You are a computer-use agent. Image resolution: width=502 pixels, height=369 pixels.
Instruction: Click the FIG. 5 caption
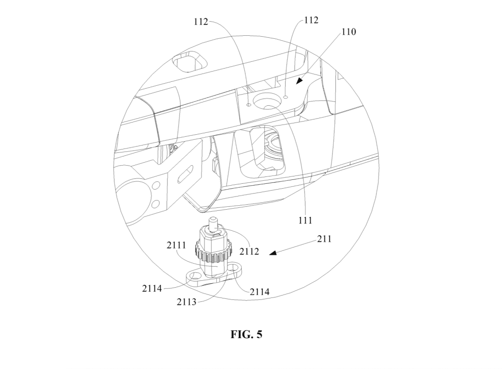coord(246,334)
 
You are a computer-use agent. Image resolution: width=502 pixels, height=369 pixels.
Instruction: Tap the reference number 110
coord(349,32)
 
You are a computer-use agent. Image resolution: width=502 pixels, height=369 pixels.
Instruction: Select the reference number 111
coord(305,220)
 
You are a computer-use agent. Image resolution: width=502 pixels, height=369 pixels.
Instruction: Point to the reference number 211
coord(325,239)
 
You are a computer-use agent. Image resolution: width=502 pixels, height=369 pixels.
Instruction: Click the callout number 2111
coord(176,245)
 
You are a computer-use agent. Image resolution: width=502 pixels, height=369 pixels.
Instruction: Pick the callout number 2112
coord(249,251)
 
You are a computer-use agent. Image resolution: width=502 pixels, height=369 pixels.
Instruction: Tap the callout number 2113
coord(186,302)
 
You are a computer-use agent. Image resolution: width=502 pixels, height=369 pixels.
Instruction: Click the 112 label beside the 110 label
coord(311,20)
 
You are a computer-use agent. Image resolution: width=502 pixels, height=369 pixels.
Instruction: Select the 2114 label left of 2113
coord(152,288)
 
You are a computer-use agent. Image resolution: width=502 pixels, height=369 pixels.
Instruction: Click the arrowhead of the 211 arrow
coord(273,253)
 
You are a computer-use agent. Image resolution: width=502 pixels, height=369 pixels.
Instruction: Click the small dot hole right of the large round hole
coord(286,96)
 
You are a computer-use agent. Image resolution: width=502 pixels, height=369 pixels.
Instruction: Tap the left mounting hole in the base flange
coord(194,274)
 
